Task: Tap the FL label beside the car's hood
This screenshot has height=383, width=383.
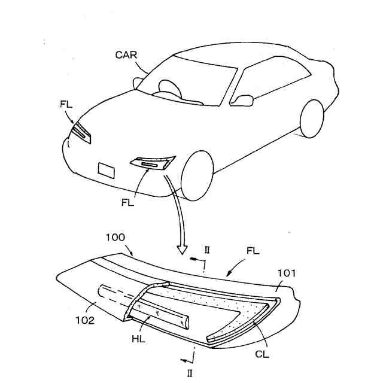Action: [66, 104]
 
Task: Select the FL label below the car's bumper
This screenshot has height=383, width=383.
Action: [128, 202]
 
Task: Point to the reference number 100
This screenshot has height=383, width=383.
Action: [115, 238]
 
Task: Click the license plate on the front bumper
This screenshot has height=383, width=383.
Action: [107, 170]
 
